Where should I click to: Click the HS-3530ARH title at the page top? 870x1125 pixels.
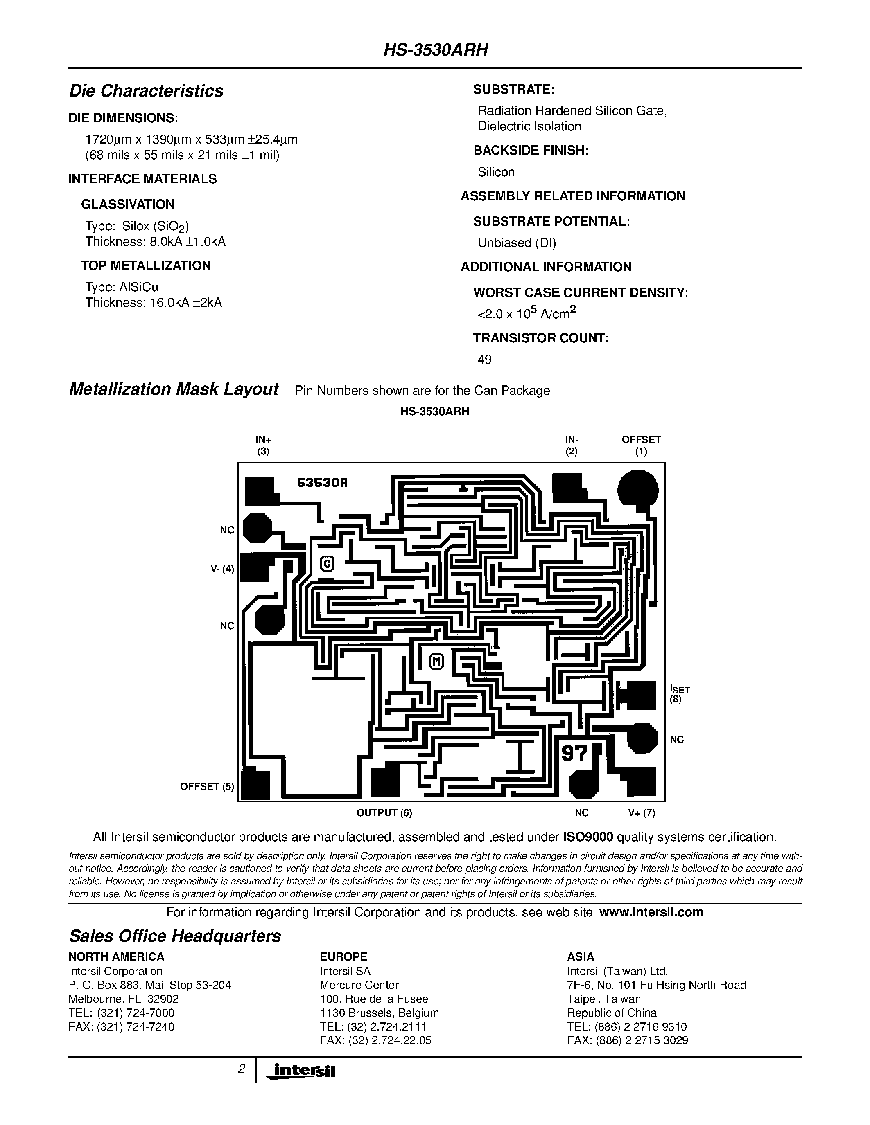coord(436,50)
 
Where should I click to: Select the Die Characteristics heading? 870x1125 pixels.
coord(146,91)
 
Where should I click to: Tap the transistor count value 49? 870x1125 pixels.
coord(484,360)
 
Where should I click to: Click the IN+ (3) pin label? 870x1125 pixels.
coord(263,445)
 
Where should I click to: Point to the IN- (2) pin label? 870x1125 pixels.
coord(571,445)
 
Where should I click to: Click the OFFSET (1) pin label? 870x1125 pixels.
coord(641,445)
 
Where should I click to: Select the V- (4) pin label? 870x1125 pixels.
coord(223,569)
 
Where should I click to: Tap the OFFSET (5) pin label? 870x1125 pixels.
coord(207,787)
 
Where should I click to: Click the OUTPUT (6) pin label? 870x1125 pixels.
coord(384,813)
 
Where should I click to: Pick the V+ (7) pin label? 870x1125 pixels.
coord(641,813)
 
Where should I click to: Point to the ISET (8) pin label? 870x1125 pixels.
coord(679,694)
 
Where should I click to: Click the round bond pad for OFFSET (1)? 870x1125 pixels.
coord(637,488)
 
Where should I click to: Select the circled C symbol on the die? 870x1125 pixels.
coord(327,564)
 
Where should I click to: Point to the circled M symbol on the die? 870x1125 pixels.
coord(436,661)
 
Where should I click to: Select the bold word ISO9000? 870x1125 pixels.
coord(588,837)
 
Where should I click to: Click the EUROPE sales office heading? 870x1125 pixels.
coord(343,956)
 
